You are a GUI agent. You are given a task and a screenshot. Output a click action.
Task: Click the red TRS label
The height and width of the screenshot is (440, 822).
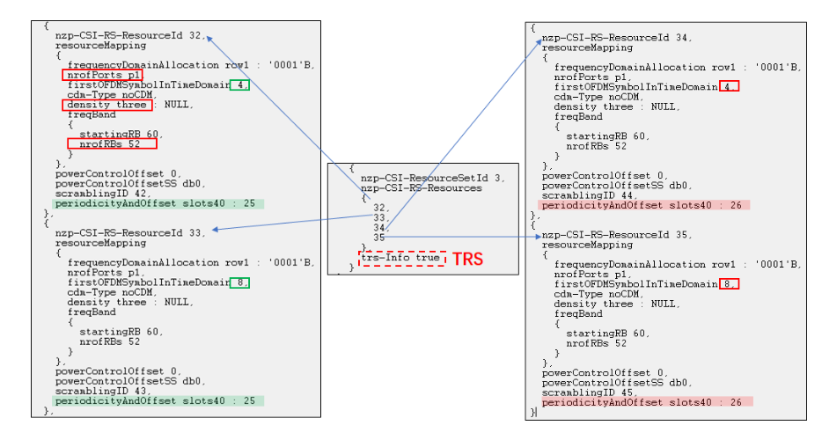click(x=467, y=260)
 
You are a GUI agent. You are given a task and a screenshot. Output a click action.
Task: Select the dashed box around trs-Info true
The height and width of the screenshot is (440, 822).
click(x=401, y=259)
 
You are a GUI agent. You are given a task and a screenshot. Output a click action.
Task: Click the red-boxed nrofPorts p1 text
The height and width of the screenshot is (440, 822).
click(x=102, y=76)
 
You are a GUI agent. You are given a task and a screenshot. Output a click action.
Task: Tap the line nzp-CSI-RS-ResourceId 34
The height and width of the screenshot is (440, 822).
click(x=616, y=38)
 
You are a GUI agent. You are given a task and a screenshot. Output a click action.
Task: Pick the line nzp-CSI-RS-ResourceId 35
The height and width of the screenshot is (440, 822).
click(x=616, y=235)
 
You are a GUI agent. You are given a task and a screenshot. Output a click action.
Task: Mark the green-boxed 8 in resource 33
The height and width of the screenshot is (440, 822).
click(x=239, y=282)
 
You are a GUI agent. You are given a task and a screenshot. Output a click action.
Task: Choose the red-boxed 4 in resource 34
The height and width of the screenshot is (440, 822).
click(x=728, y=86)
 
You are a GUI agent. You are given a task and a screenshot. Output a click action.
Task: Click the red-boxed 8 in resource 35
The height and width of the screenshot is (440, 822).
click(x=728, y=283)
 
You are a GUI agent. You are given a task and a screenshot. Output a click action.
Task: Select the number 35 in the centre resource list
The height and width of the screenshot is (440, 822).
click(x=379, y=237)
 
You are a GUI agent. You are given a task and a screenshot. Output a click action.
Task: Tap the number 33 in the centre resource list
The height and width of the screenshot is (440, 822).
click(x=379, y=217)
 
